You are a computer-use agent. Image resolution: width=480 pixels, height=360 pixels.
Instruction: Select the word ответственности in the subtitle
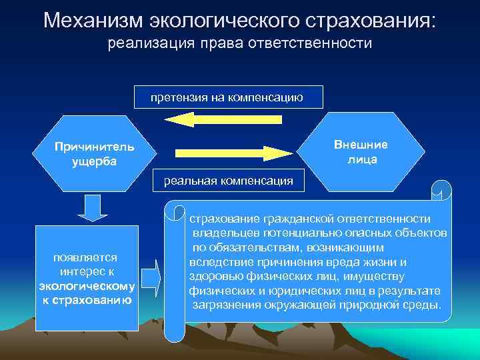click(319, 45)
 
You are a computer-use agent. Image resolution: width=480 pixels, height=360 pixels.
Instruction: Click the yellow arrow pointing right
click(234, 153)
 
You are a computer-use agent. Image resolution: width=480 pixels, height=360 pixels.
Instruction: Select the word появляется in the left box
click(86, 257)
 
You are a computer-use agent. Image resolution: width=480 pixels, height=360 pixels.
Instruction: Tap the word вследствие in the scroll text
click(217, 262)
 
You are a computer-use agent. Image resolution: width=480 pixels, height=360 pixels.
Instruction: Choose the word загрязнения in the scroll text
click(223, 305)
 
